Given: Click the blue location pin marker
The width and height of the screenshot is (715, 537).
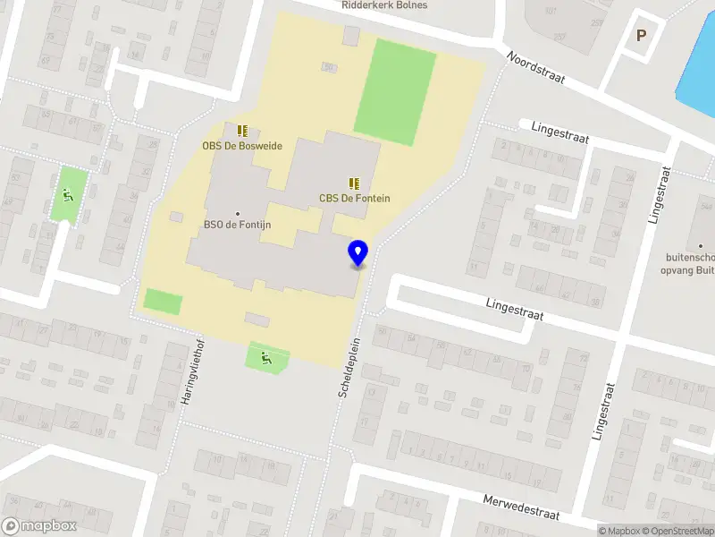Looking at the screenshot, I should (x=358, y=252).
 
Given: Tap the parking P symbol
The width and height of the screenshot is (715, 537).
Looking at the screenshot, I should (x=640, y=36).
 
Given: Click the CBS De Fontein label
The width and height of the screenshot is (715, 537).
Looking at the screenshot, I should (x=355, y=199).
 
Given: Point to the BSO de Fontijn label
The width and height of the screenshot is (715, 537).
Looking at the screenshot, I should (x=237, y=225).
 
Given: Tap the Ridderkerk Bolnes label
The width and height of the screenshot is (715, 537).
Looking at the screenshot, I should (x=384, y=5).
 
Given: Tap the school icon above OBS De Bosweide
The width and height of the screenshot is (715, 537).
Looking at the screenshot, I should (x=242, y=131).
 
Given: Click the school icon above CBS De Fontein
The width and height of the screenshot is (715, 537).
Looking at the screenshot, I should (x=354, y=183).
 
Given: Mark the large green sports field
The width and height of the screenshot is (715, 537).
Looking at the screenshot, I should (x=395, y=91).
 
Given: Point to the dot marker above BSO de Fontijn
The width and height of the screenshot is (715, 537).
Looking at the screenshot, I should (x=238, y=213).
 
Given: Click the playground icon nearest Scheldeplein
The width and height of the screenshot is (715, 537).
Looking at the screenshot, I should (x=266, y=359).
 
